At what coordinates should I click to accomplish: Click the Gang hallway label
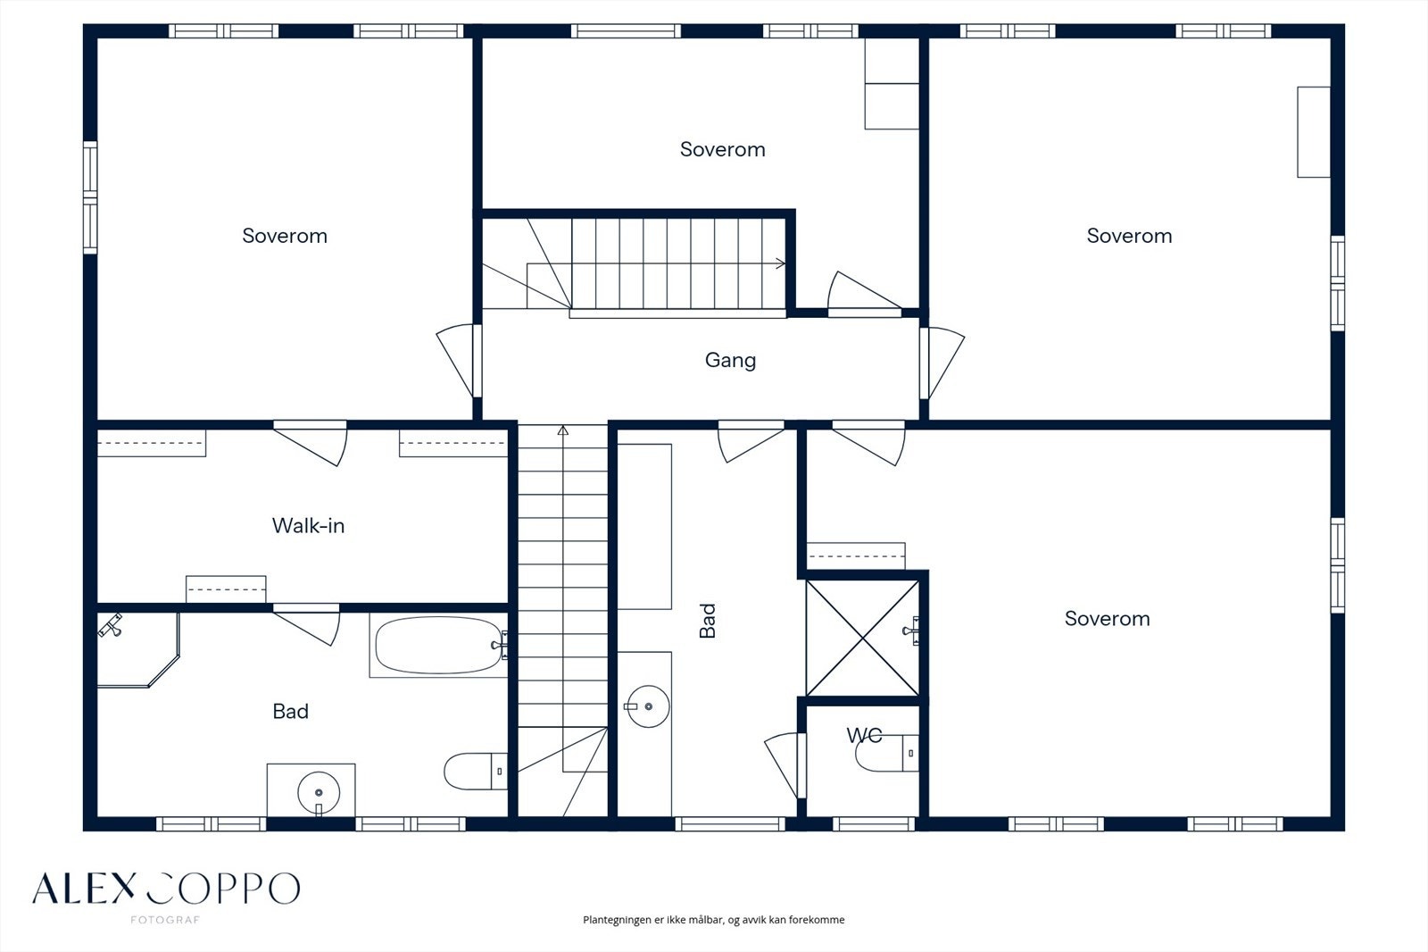tap(730, 361)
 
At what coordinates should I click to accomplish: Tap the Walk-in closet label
tap(308, 526)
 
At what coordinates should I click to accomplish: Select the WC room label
tap(864, 736)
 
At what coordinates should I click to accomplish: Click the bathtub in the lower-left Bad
tap(438, 645)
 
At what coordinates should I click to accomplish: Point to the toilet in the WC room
tap(887, 753)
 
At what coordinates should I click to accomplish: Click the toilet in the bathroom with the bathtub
tap(476, 772)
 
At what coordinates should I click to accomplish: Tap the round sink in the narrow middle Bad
tap(648, 706)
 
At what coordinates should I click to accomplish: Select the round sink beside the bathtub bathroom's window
tap(318, 793)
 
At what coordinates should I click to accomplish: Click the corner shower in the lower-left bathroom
tap(137, 649)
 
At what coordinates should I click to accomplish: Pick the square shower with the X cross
tap(862, 638)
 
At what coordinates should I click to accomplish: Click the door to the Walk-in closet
tap(311, 442)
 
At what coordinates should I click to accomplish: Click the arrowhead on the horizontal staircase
tap(780, 263)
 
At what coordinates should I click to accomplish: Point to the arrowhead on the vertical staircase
tap(563, 430)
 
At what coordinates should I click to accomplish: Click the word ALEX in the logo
tap(84, 889)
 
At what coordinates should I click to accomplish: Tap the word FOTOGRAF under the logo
tap(165, 920)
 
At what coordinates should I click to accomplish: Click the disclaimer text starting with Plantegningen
tap(713, 920)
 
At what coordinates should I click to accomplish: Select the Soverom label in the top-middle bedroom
tap(722, 149)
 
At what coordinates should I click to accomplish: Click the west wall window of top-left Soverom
tap(90, 197)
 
